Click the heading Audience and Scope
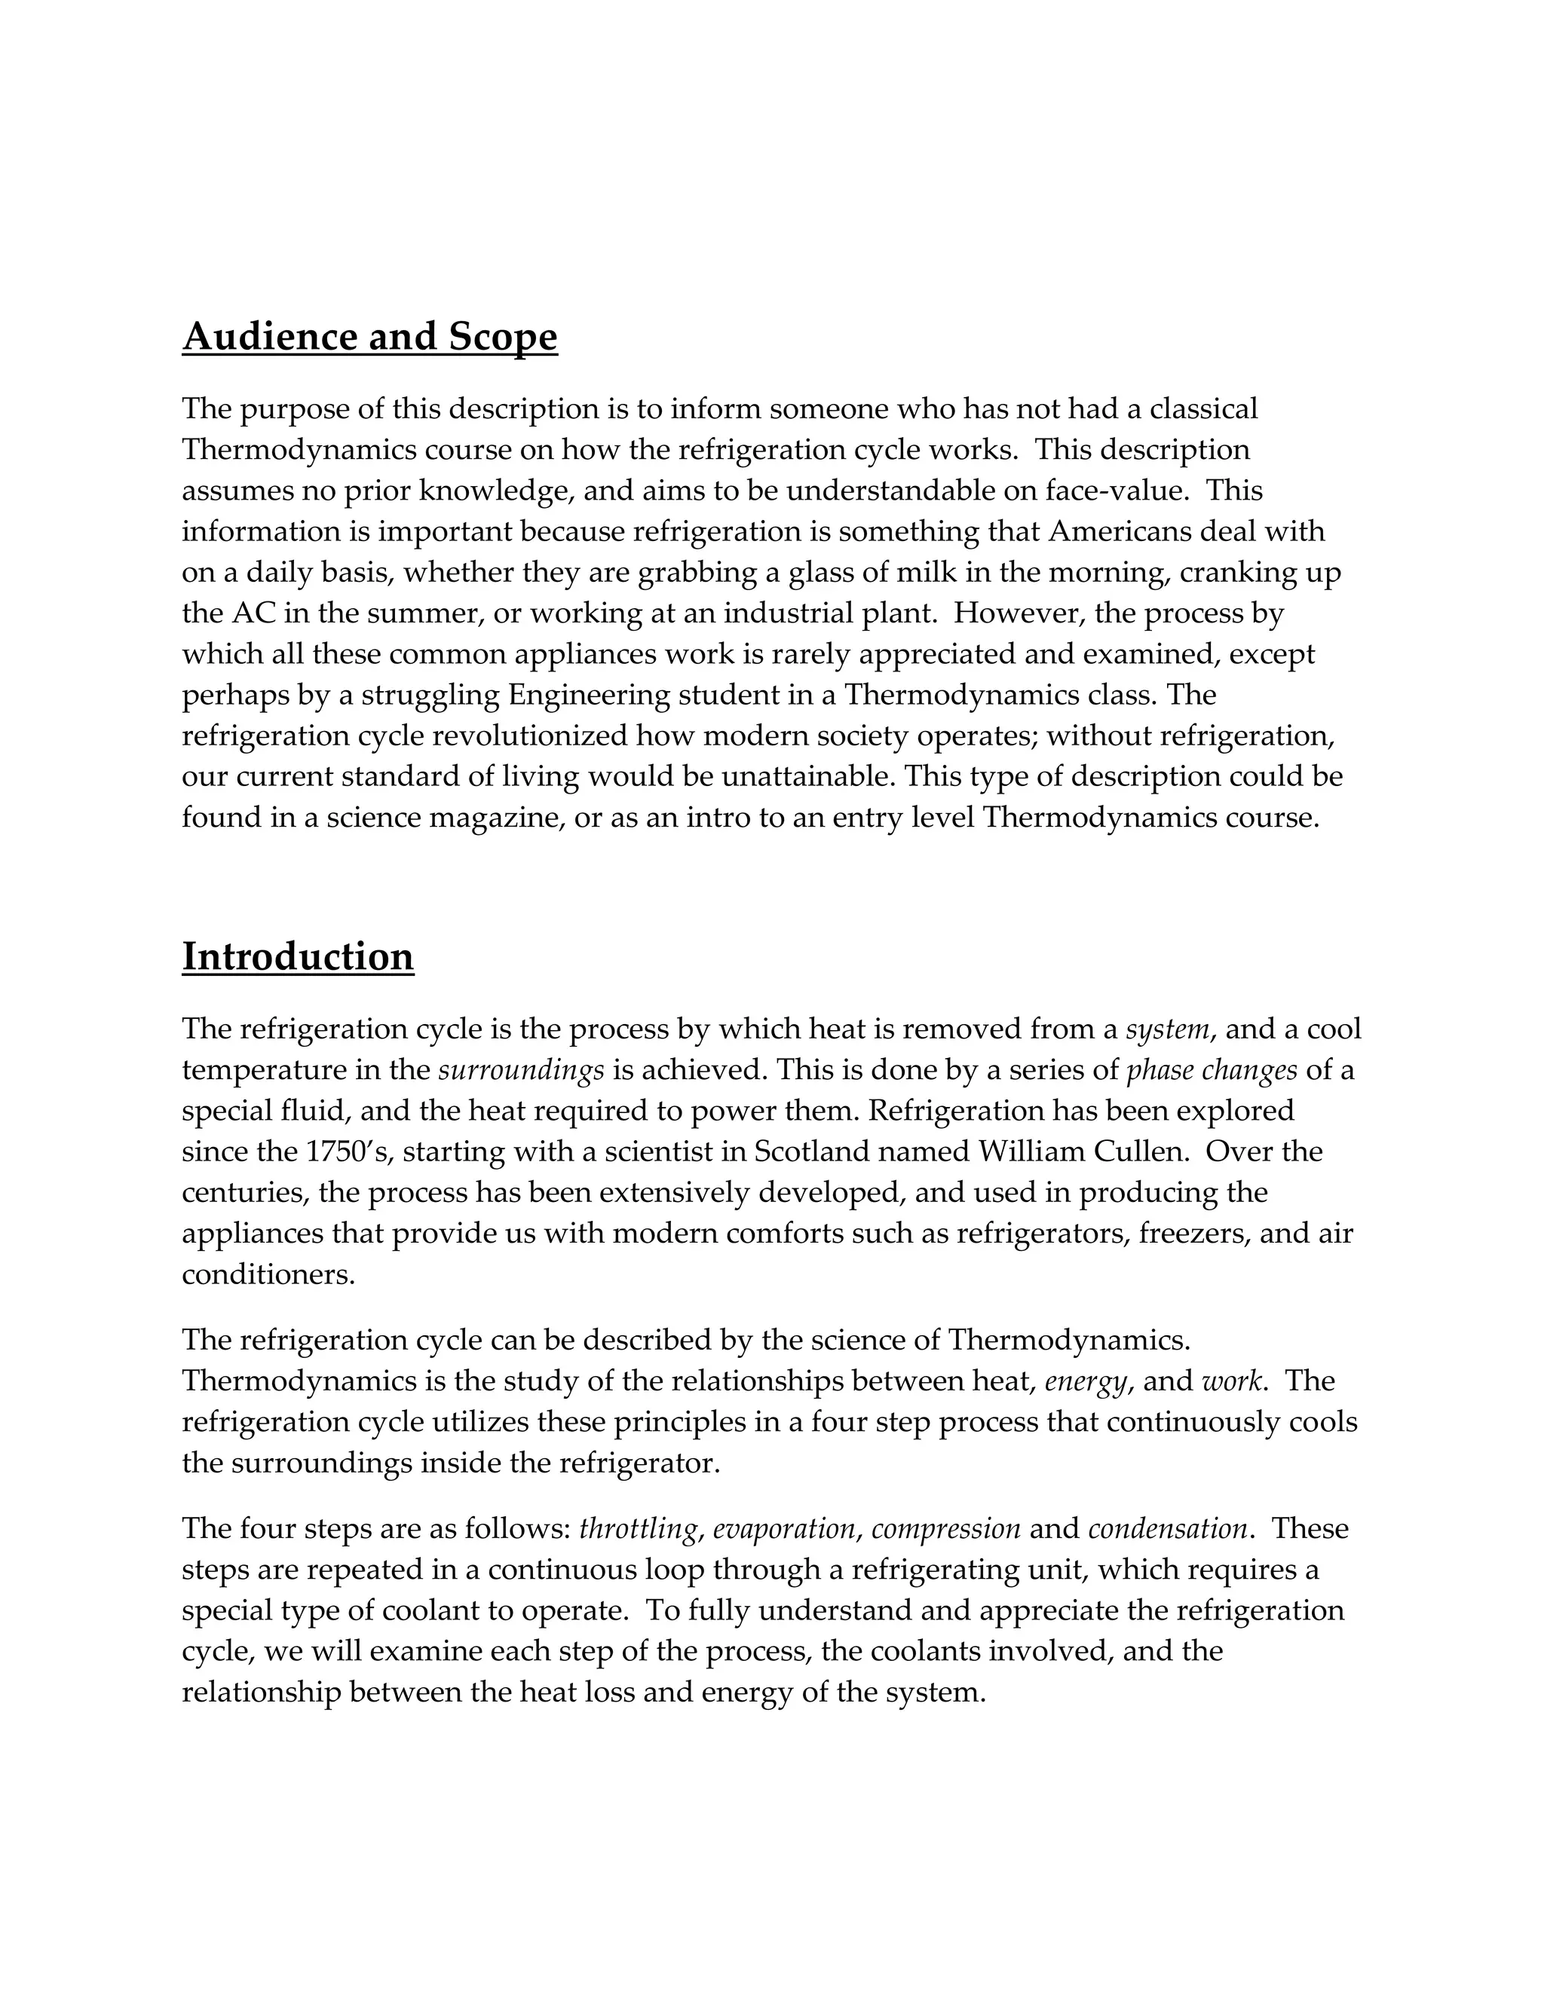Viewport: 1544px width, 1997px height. pos(369,338)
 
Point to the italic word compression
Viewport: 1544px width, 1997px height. pos(946,1529)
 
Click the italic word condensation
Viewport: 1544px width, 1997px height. pos(1167,1529)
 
